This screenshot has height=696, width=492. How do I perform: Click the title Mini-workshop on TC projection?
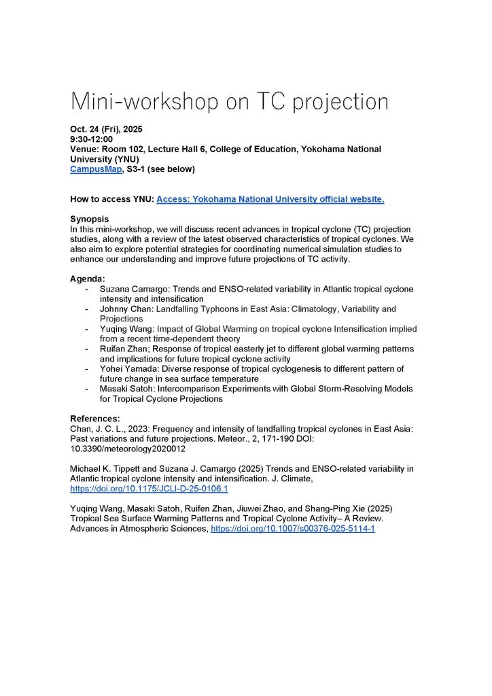[229, 102]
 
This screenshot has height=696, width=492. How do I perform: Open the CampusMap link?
[94, 169]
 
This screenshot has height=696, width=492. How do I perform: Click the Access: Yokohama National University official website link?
[270, 199]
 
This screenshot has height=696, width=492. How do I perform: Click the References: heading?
[96, 418]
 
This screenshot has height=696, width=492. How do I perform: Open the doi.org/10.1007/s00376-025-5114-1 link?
[293, 528]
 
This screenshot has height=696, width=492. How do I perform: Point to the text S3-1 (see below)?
[160, 169]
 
